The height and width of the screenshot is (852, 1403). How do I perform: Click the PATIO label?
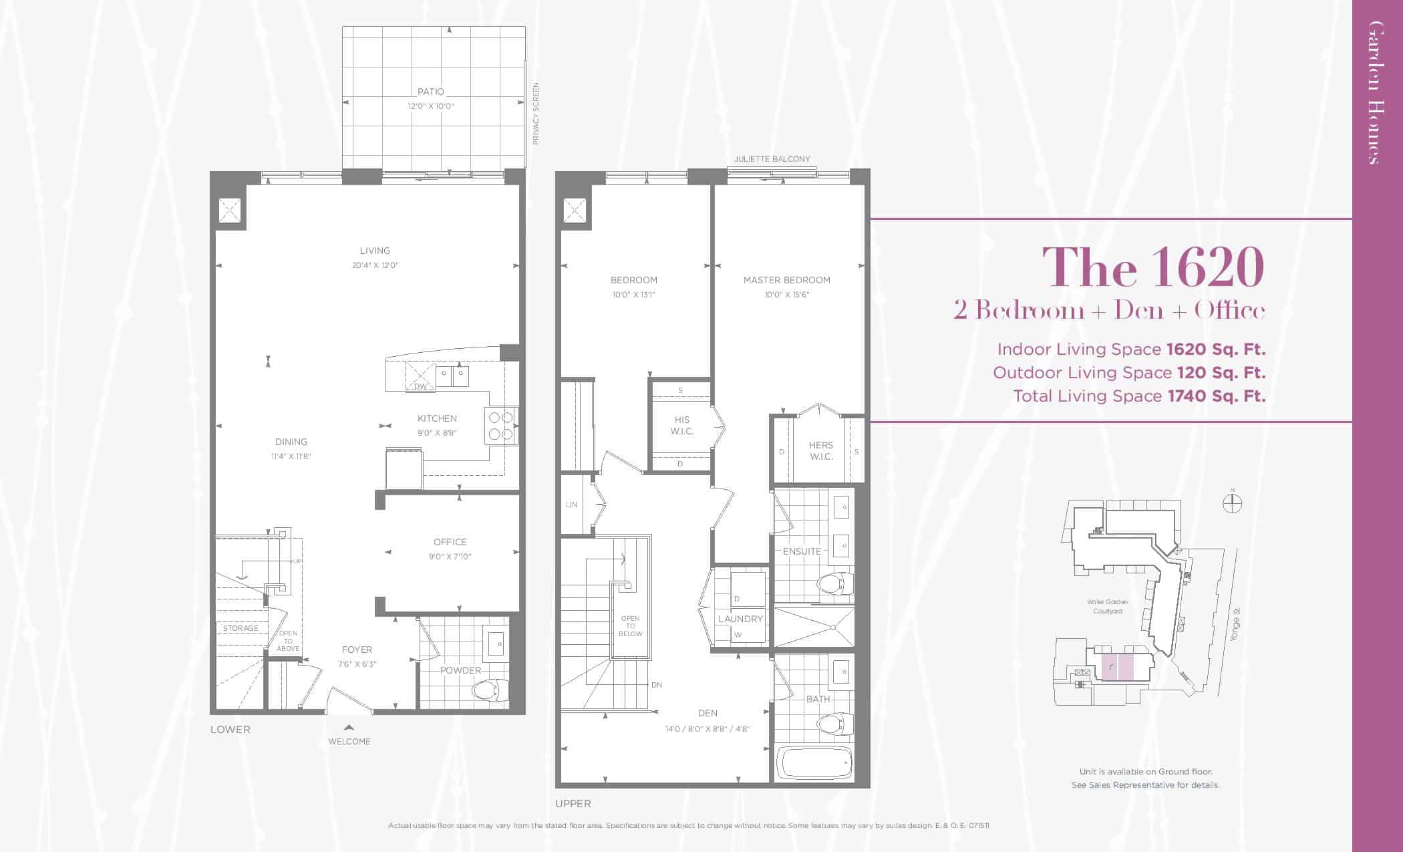(x=430, y=92)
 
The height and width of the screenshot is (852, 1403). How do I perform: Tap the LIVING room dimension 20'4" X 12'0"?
(x=375, y=265)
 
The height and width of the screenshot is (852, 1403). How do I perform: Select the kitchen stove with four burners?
(x=501, y=426)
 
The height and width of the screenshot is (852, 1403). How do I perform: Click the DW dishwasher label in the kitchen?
(x=420, y=387)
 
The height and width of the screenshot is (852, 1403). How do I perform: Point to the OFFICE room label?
(x=450, y=542)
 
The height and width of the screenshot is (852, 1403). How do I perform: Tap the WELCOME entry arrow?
(x=349, y=728)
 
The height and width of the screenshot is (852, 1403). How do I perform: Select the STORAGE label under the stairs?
(x=241, y=628)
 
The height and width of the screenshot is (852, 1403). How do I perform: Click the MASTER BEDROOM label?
(x=787, y=280)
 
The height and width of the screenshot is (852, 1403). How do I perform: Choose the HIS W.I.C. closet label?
(x=682, y=426)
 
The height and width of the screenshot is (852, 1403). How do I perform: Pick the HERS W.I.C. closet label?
(x=821, y=451)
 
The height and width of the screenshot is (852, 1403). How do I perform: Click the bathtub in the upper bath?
(x=814, y=763)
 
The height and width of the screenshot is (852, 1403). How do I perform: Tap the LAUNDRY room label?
(x=740, y=619)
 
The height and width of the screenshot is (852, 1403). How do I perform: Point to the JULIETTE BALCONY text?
(x=772, y=159)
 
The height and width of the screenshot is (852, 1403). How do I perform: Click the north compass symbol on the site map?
(x=1233, y=502)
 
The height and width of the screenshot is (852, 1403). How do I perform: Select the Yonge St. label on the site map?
(x=1235, y=626)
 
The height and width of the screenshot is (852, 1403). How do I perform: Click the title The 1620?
(x=1152, y=267)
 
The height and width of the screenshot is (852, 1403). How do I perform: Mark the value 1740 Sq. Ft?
(x=1217, y=396)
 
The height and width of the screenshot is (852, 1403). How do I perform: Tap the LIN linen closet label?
(x=571, y=505)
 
